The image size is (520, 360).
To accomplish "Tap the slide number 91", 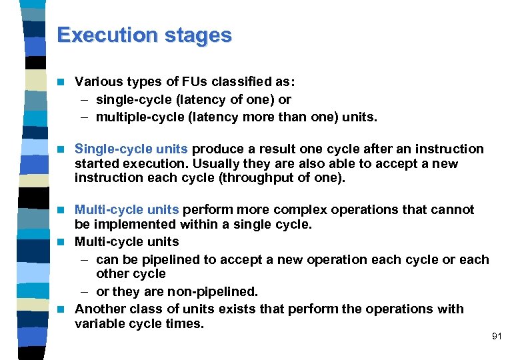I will [496, 337].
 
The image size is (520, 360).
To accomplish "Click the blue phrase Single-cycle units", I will [132, 149].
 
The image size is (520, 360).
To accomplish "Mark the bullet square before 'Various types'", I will [61, 83].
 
